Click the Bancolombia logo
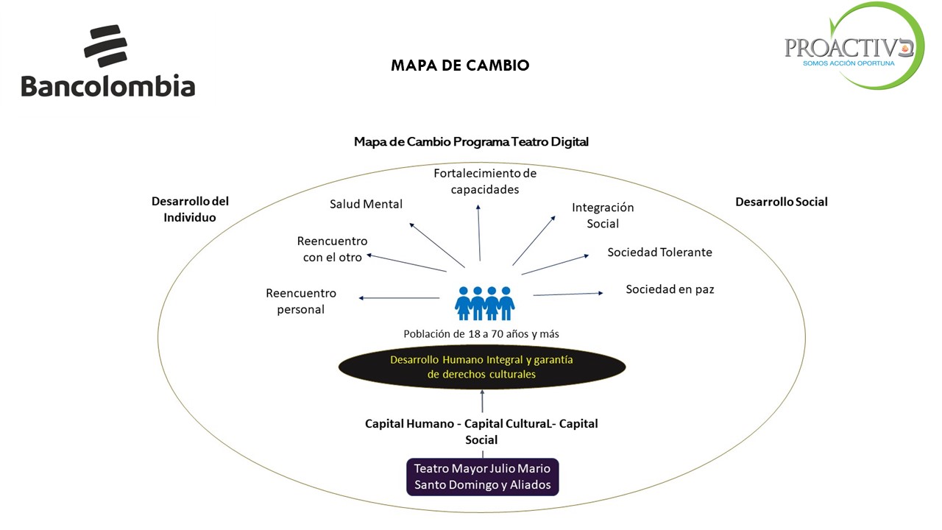(108, 63)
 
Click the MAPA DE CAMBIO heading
(460, 66)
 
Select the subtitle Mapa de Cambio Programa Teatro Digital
(471, 141)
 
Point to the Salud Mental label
(366, 204)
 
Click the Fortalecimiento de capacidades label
(485, 181)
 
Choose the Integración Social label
(603, 216)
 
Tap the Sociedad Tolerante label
(659, 252)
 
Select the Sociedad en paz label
(670, 289)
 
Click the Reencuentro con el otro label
(332, 249)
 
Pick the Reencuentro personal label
(301, 301)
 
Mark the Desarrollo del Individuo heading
(190, 209)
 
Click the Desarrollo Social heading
(781, 202)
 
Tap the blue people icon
(484, 303)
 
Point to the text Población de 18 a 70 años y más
(481, 333)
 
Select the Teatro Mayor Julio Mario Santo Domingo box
(482, 476)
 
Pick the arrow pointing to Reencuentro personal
(399, 297)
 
